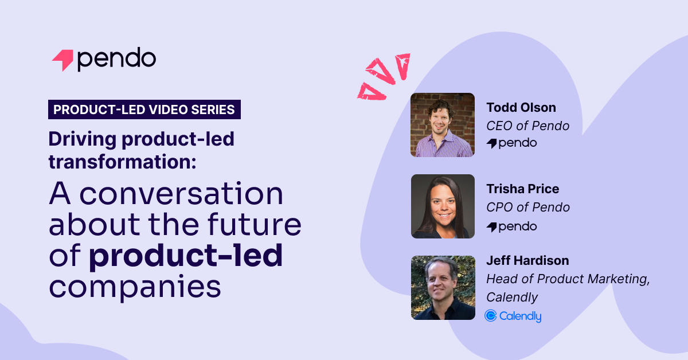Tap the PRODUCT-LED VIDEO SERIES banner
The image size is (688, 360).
pos(144,109)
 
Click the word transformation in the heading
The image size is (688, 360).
pos(122,162)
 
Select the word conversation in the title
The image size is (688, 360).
pos(181,194)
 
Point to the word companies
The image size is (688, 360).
pos(135,287)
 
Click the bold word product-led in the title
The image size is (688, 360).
pos(186,256)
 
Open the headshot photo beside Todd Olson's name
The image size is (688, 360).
pos(443,125)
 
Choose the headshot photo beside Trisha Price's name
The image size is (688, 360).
pos(443,206)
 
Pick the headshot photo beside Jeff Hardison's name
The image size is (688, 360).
pos(443,288)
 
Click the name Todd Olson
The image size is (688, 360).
pos(521,108)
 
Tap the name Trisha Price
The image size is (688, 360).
pos(523,189)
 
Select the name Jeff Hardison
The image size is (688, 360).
pos(527,260)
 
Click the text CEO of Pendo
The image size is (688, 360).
pos(528,126)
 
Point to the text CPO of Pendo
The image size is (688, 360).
pos(528,208)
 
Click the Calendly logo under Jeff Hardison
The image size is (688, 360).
pos(513,316)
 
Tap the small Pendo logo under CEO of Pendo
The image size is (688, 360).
pos(511,143)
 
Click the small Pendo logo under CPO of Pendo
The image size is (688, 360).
pos(511,227)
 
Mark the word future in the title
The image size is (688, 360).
pos(255,224)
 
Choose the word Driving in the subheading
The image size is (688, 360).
pos(83,140)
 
